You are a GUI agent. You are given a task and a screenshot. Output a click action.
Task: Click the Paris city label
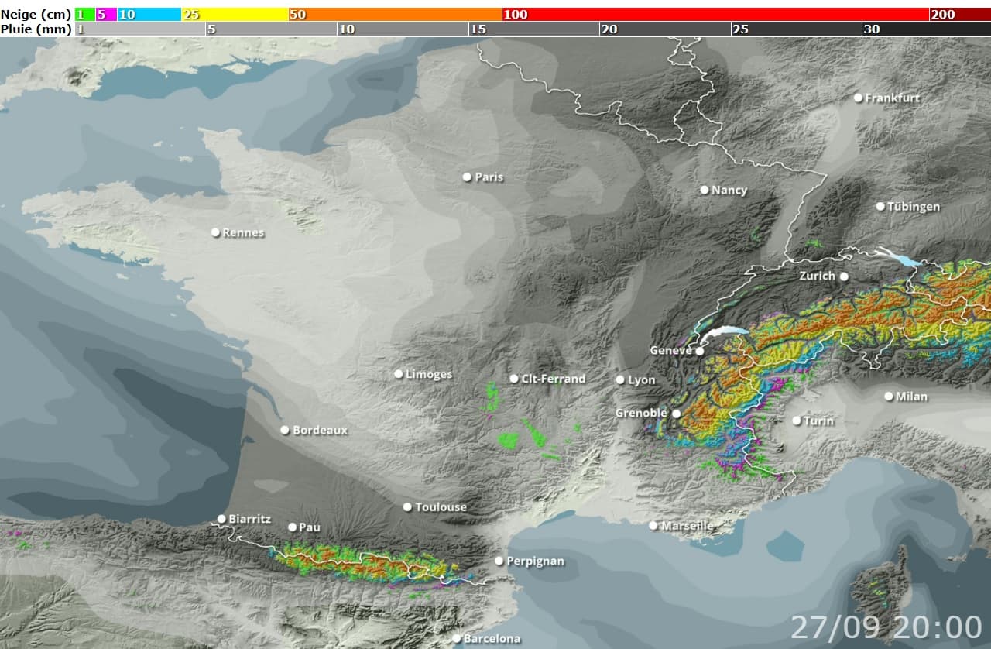tap(489, 177)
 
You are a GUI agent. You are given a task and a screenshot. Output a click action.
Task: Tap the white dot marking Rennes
tap(216, 232)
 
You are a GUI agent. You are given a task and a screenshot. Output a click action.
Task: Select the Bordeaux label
tap(321, 431)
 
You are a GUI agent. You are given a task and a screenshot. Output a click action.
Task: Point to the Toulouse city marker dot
tap(407, 507)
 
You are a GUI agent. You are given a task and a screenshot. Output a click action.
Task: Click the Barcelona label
tap(492, 639)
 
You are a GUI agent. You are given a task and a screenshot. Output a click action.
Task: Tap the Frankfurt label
tap(893, 98)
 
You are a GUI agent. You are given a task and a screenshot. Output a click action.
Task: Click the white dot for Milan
tap(889, 397)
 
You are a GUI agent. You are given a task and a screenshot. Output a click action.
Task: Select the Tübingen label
tap(914, 207)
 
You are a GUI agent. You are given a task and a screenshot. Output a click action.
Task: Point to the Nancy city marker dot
tap(705, 190)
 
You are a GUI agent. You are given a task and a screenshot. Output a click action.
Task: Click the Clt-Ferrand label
tap(554, 379)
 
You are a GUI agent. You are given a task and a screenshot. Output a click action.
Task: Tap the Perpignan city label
tap(536, 561)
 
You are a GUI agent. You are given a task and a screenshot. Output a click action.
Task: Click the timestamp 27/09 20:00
tap(886, 627)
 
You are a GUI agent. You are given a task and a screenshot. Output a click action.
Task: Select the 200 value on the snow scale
tap(943, 15)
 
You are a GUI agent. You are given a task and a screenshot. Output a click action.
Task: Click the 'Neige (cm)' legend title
tap(36, 15)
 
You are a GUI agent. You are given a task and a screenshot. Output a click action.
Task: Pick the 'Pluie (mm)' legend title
tap(36, 29)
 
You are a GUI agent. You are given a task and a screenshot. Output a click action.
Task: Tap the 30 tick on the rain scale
tap(871, 29)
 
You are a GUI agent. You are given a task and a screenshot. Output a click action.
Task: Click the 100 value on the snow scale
tap(516, 15)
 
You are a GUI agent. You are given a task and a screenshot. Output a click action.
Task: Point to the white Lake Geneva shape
tap(724, 333)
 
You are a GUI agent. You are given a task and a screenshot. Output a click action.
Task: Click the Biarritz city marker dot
tap(221, 519)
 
